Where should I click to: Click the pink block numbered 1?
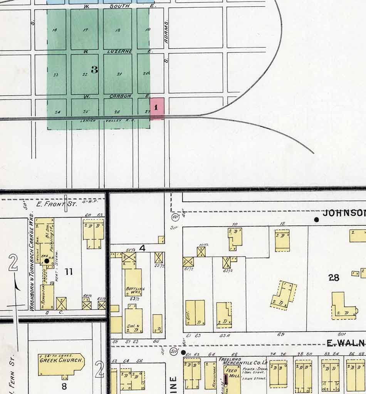pos(157,108)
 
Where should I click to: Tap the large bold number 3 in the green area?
pos(94,70)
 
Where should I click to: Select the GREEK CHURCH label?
pos(61,361)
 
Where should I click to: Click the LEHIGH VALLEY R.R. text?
pos(107,121)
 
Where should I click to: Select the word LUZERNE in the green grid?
pos(119,51)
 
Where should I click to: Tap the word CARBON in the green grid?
pos(121,96)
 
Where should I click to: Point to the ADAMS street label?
pos(166,29)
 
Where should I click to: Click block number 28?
pos(334,277)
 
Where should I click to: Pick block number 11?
pos(69,272)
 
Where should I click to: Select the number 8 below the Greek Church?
pos(64,386)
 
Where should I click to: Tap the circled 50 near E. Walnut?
pos(173,351)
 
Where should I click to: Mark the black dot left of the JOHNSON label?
pos(316,220)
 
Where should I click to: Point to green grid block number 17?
pos(85,30)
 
